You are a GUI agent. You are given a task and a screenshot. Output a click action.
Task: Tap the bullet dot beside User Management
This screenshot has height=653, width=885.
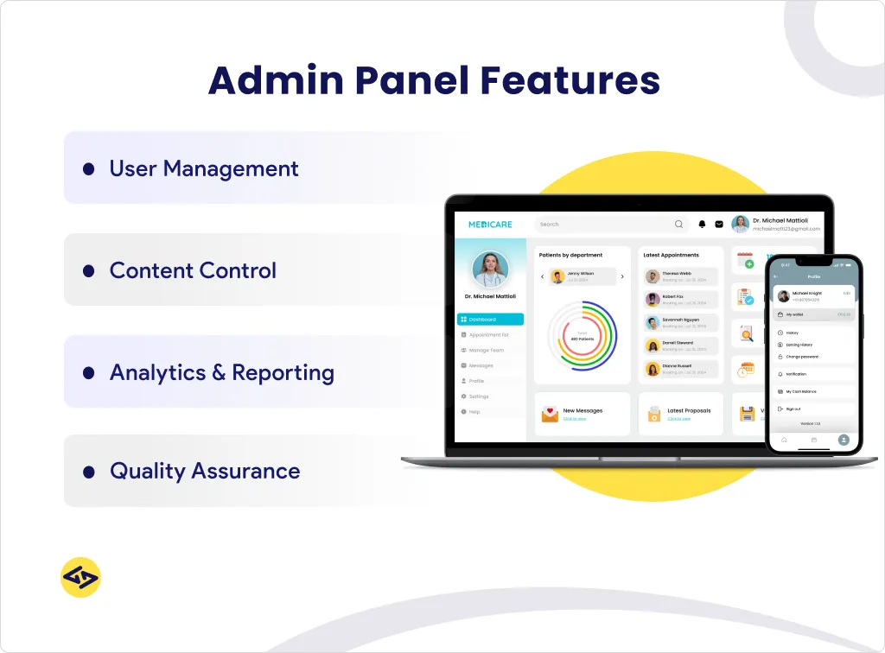click(88, 169)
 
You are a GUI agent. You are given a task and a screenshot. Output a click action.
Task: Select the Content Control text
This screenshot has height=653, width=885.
click(193, 270)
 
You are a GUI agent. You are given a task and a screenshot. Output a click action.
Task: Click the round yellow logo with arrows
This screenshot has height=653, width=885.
click(80, 577)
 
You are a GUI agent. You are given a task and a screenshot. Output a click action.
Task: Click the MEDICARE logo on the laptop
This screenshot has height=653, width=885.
click(490, 225)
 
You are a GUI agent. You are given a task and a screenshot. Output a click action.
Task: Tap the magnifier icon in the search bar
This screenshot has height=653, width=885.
click(678, 225)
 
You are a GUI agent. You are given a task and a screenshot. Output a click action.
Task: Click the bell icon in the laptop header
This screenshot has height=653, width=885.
click(703, 225)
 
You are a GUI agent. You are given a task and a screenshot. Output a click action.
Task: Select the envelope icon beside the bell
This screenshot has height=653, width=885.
click(718, 225)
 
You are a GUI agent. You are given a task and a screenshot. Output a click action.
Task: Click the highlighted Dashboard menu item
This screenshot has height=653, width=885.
click(490, 320)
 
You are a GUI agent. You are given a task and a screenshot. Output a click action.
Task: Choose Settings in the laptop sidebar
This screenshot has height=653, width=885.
click(478, 396)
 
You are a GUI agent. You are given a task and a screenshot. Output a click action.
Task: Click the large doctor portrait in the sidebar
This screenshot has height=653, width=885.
click(490, 269)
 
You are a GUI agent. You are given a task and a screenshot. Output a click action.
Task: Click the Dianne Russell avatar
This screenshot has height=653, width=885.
click(653, 369)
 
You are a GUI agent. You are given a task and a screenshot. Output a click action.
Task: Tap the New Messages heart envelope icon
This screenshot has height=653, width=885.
click(550, 415)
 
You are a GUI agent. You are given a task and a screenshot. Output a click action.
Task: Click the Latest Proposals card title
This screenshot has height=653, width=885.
click(689, 411)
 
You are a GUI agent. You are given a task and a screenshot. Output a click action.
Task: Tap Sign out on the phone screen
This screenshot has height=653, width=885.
click(793, 409)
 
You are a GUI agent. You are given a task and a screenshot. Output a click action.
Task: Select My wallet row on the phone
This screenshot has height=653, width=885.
click(812, 314)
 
